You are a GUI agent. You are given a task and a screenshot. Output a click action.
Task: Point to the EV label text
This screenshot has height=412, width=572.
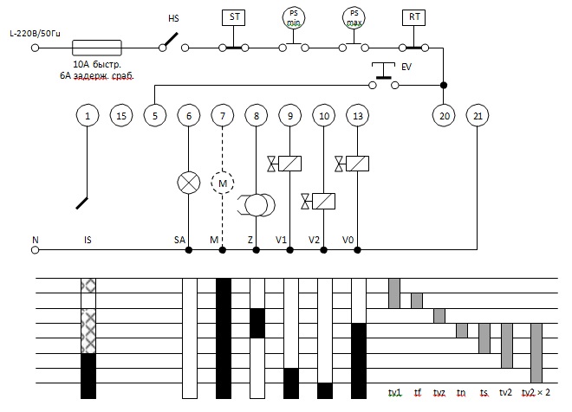406,67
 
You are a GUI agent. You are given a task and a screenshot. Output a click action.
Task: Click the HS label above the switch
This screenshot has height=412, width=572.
173,18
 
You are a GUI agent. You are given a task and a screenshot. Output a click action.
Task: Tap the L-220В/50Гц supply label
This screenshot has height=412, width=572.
35,34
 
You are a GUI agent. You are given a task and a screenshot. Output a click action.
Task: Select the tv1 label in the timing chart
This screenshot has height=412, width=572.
394,393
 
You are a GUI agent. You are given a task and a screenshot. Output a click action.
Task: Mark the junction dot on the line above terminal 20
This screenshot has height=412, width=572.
444,85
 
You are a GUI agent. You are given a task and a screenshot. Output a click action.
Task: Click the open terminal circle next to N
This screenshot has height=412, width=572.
35,250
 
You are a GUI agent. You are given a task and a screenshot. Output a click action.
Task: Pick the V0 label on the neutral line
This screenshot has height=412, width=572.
348,240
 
